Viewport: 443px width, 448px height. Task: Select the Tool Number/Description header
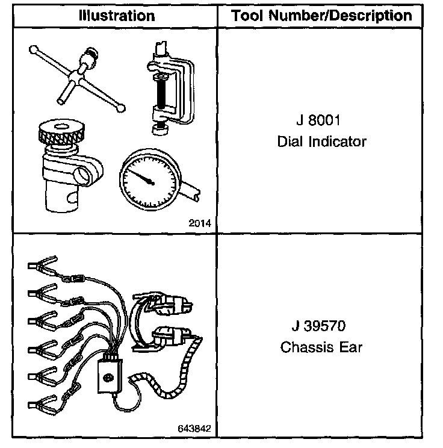click(x=323, y=15)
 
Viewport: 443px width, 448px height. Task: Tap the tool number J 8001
click(x=318, y=120)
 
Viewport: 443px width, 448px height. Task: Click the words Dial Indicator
click(x=321, y=142)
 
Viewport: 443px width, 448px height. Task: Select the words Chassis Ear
click(x=321, y=348)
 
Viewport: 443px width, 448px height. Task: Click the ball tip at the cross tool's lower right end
click(x=122, y=108)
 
